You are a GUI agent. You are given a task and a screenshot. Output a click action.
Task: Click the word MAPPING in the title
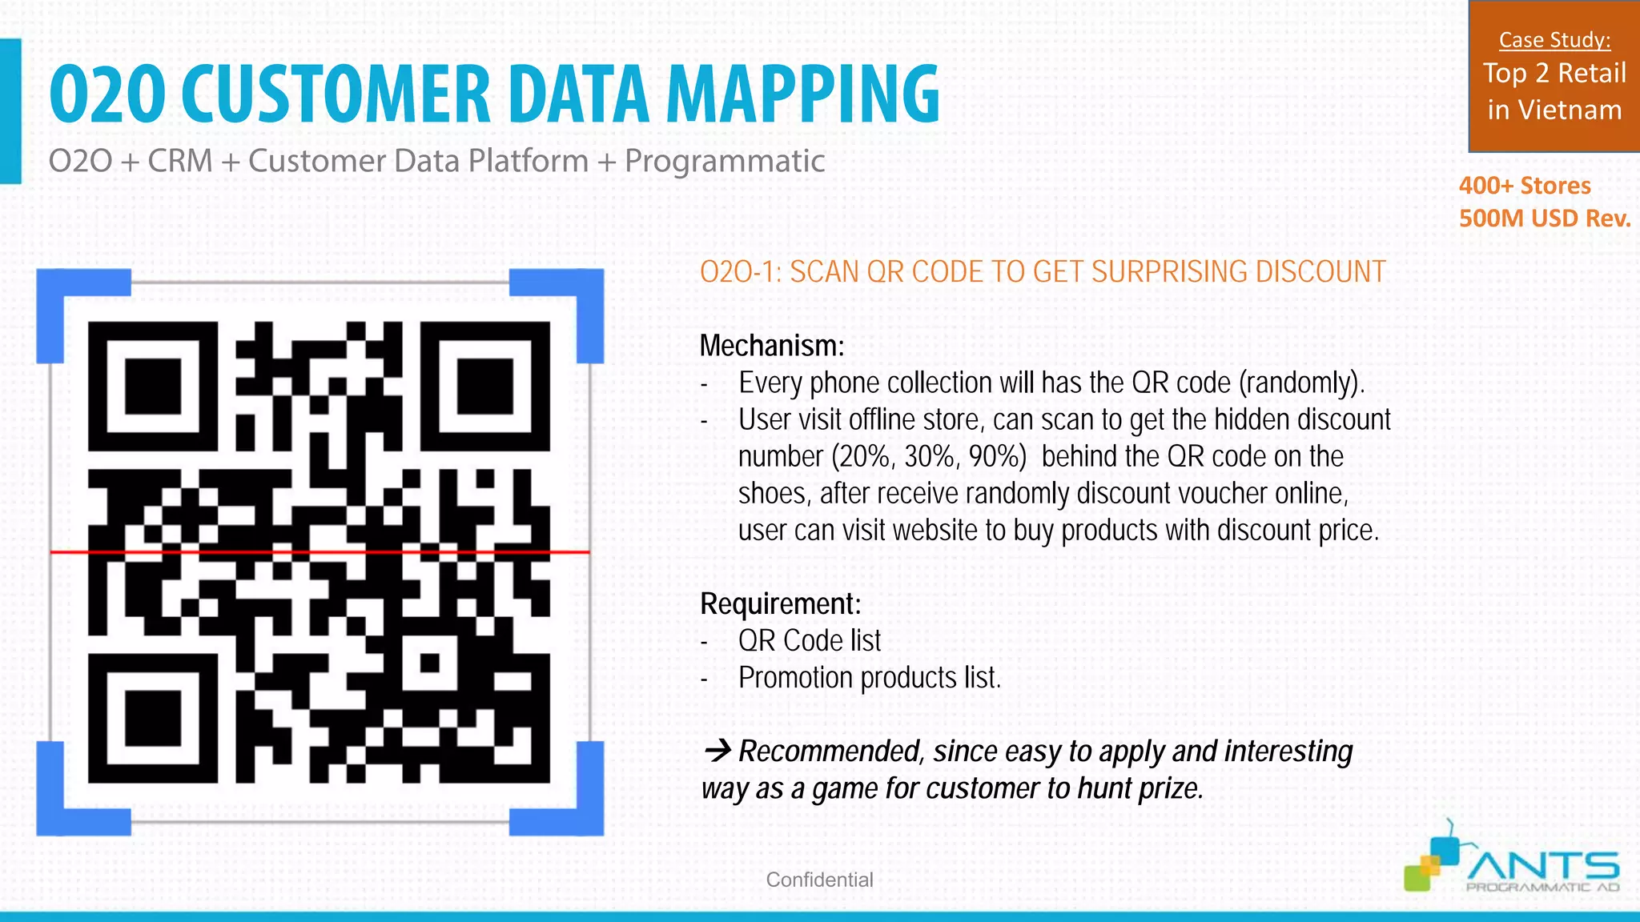pyautogui.click(x=802, y=95)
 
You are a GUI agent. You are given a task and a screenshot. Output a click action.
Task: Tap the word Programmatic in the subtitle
pyautogui.click(x=724, y=161)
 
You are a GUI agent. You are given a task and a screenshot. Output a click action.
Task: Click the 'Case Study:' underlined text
pyautogui.click(x=1554, y=40)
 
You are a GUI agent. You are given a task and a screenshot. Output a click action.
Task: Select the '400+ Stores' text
pyautogui.click(x=1524, y=186)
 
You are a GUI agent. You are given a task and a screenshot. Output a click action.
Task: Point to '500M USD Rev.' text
pyautogui.click(x=1544, y=218)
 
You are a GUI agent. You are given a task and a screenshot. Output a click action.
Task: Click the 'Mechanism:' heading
pyautogui.click(x=771, y=346)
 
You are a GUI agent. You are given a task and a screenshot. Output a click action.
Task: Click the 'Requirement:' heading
pyautogui.click(x=780, y=603)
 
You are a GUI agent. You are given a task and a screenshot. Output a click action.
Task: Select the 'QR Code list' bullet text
pyautogui.click(x=809, y=640)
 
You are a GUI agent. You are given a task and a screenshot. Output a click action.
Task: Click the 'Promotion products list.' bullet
pyautogui.click(x=869, y=678)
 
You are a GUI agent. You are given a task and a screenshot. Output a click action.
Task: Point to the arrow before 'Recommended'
pyautogui.click(x=717, y=751)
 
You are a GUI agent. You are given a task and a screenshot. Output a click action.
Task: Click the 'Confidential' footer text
pyautogui.click(x=819, y=880)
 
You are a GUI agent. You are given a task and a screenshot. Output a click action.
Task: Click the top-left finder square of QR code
pyautogui.click(x=152, y=386)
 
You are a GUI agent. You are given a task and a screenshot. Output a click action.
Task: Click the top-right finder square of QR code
pyautogui.click(x=485, y=386)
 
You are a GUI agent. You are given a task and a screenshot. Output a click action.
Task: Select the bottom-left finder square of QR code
pyautogui.click(x=152, y=718)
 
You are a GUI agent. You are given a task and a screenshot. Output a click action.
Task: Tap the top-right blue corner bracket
pyautogui.click(x=573, y=299)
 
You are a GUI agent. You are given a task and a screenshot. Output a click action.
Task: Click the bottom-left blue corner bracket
pyautogui.click(x=67, y=804)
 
